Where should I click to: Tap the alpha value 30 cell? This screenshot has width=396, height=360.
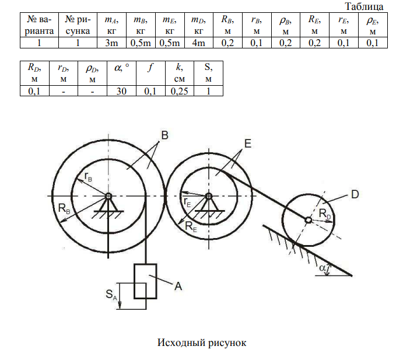pos(121,90)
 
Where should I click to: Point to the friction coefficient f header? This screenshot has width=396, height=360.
pos(150,68)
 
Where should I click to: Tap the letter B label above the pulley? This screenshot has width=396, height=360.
pos(164,136)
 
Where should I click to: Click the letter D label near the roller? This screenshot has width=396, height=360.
pos(355,195)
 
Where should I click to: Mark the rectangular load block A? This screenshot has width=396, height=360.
pos(145,282)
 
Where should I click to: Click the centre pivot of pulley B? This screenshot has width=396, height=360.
pos(108,195)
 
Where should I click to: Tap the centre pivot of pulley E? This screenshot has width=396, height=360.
pos(208,195)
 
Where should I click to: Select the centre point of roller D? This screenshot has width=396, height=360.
pos(309,219)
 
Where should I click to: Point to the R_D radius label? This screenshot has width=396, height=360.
pos(326,215)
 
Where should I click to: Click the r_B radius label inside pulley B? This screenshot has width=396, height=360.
pos(87,174)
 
